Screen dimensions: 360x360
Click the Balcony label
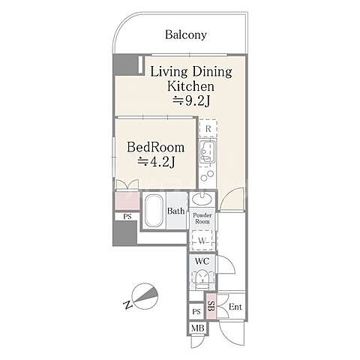pyautogui.click(x=186, y=34)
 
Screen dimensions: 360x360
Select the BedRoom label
pyautogui.click(x=156, y=147)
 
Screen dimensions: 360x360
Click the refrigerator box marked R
pyautogui.click(x=208, y=128)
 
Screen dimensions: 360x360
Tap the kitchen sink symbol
pyautogui.click(x=208, y=152)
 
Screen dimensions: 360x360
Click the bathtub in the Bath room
pyautogui.click(x=154, y=211)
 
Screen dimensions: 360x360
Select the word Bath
pyautogui.click(x=176, y=211)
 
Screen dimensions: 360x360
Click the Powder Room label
pyautogui.click(x=202, y=218)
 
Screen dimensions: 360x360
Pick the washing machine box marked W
pyautogui.click(x=202, y=241)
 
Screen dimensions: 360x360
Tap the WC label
pyautogui.click(x=202, y=261)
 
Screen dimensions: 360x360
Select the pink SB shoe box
pyautogui.click(x=211, y=306)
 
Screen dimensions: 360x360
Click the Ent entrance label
pyautogui.click(x=235, y=307)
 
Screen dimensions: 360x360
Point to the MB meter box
pyautogui.click(x=197, y=328)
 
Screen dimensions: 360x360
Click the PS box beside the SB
pyautogui.click(x=196, y=311)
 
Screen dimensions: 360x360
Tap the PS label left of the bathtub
pyautogui.click(x=127, y=217)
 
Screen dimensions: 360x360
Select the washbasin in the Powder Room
pyautogui.click(x=202, y=199)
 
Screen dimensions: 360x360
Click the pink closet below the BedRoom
pyautogui.click(x=127, y=201)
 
